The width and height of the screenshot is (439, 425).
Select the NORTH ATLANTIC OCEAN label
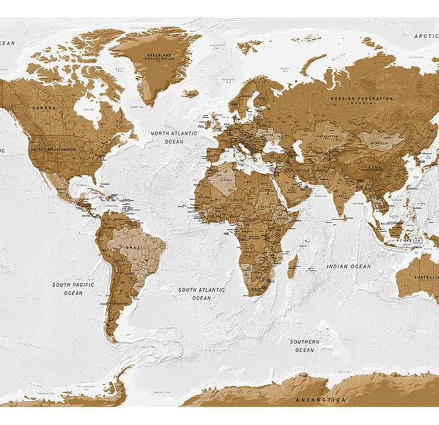coord(173,137)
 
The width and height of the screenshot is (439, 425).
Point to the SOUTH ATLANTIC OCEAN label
coord(201,293)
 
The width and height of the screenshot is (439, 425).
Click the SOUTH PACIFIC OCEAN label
coord(73,288)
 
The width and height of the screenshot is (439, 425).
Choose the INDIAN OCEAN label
coord(348,266)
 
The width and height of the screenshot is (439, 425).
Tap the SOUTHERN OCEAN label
coord(304,346)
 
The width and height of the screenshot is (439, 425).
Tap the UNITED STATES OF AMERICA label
coord(53,149)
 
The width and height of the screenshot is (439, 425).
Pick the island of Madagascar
coord(292,267)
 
